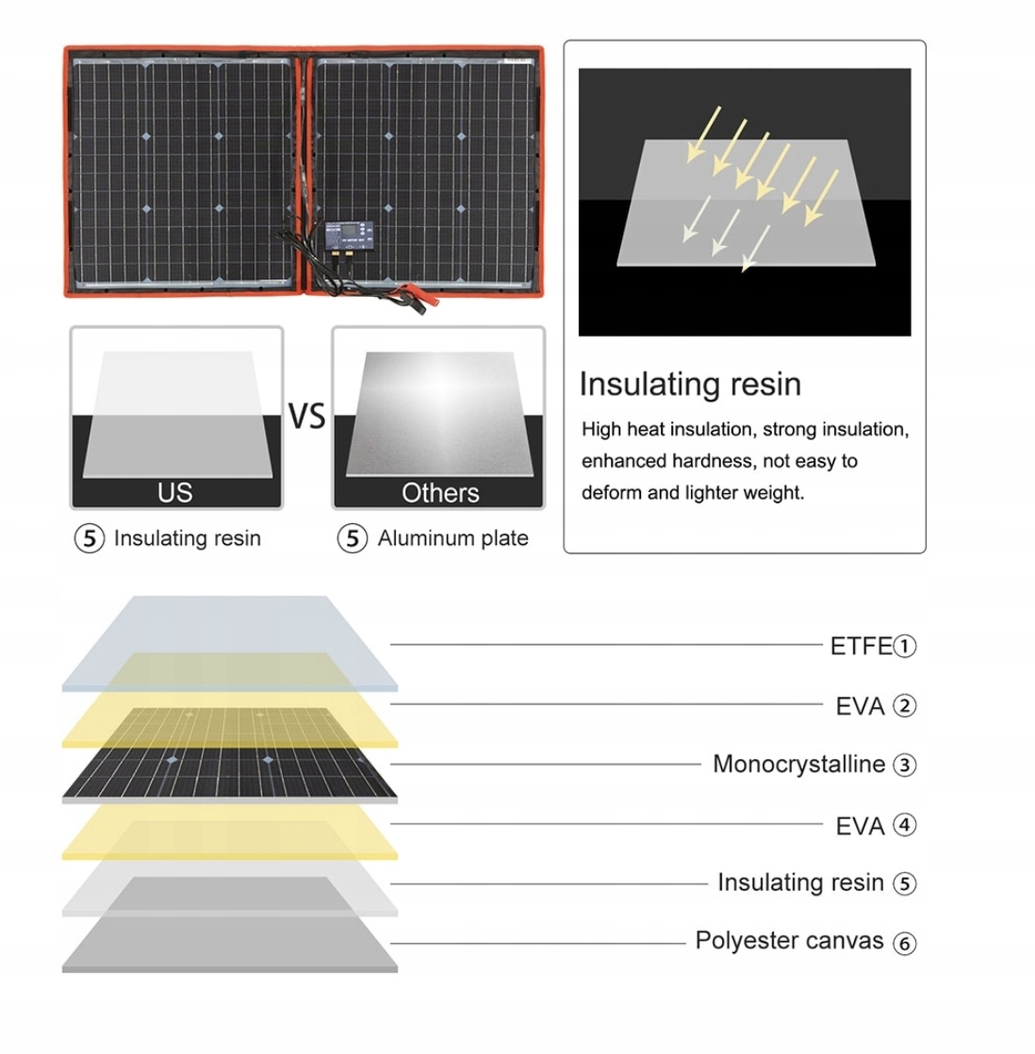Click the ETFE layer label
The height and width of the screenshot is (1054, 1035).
pos(860,646)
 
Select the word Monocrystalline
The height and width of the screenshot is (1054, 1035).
pos(798,764)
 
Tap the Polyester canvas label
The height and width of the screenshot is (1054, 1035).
pos(789,940)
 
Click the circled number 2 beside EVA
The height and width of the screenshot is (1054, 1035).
pos(904,705)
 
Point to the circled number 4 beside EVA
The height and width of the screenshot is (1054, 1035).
pos(904,825)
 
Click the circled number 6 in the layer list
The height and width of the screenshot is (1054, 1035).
pos(904,943)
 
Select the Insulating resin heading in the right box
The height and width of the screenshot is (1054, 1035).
pos(690,384)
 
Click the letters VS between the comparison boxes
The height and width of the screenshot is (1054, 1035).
pos(306,416)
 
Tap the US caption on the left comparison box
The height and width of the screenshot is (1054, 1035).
pos(175,492)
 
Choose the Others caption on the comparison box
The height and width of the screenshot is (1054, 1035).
pos(440,492)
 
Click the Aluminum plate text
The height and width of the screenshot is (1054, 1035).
pos(452,538)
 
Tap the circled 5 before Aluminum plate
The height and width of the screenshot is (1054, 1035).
pos(353,538)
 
